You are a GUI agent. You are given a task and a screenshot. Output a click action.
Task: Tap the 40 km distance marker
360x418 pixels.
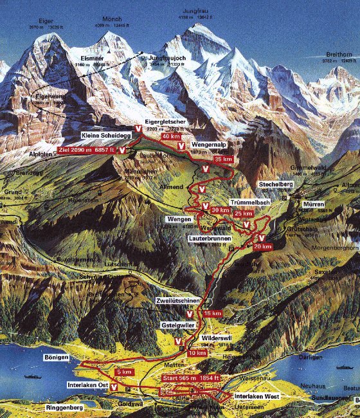point(171,136)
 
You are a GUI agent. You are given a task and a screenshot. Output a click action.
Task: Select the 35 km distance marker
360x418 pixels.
point(222,159)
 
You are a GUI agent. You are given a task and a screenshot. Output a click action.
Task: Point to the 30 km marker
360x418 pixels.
point(220,210)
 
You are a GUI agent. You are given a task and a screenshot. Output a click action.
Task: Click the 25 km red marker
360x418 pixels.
point(243,214)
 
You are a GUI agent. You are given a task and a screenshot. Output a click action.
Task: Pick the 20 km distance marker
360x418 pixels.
point(262,246)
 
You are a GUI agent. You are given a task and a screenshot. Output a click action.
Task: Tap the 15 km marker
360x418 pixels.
point(212,313)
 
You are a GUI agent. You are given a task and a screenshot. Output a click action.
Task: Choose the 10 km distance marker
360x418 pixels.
point(197,353)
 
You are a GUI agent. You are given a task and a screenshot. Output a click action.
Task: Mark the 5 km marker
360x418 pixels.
point(124,372)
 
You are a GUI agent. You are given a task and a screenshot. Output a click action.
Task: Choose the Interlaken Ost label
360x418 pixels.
point(87,385)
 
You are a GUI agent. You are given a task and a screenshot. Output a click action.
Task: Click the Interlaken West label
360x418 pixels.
point(255,396)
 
